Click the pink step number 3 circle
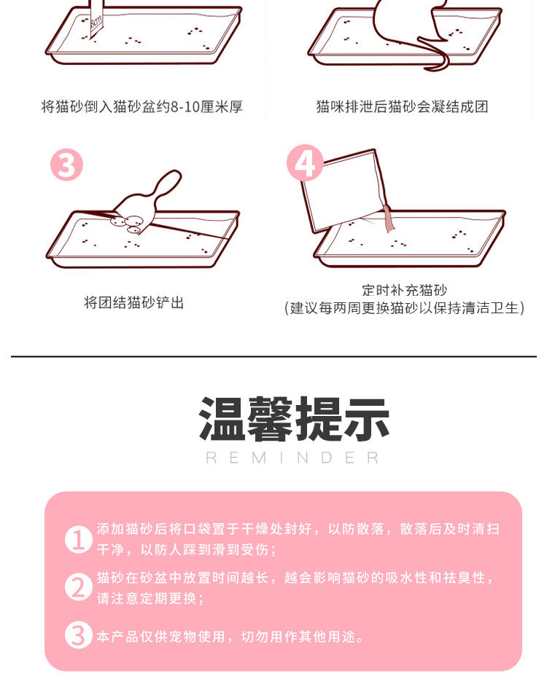coord(66,165)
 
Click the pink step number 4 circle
coord(305,162)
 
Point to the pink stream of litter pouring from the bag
coord(389,219)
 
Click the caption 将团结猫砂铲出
coord(134,303)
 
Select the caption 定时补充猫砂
coord(404,291)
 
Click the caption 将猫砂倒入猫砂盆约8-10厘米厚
coord(142,107)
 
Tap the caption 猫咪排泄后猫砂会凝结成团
coord(402,107)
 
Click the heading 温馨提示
coord(294,419)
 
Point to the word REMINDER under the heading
coord(292,458)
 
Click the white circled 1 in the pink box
coord(79,539)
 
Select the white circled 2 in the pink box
coord(79,587)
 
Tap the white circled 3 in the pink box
coord(79,635)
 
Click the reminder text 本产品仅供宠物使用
coord(161,637)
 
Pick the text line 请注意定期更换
coord(147,598)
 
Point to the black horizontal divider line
coord(273,356)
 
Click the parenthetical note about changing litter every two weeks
coord(404,308)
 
